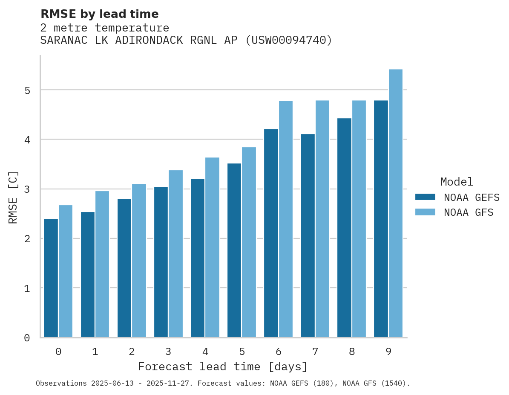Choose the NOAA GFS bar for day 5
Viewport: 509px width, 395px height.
[x=249, y=242]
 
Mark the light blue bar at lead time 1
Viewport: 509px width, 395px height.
[x=102, y=264]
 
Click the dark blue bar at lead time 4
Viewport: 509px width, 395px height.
[x=198, y=258]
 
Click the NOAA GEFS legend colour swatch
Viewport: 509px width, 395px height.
[x=425, y=197]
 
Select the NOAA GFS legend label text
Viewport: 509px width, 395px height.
[x=469, y=212]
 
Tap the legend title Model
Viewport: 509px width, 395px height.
[x=457, y=182]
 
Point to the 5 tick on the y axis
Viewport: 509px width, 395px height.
[x=27, y=90]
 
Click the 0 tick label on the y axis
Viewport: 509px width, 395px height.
[x=27, y=338]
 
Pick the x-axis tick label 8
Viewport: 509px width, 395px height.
[x=352, y=352]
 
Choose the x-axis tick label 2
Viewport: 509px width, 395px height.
[x=132, y=352]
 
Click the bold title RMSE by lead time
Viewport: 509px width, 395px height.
[x=100, y=14]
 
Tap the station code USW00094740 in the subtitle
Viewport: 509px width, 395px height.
[x=288, y=40]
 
